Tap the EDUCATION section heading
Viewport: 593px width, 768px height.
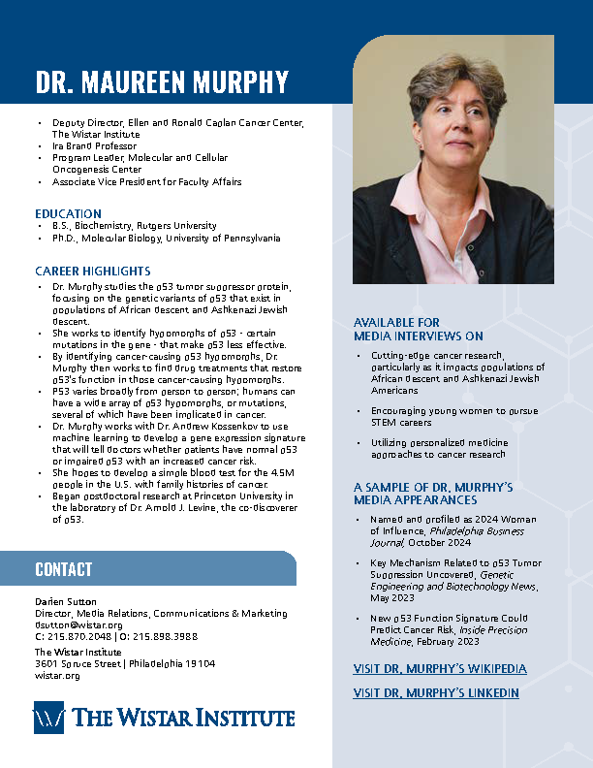tap(68, 213)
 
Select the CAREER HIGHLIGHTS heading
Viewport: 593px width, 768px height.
tap(93, 271)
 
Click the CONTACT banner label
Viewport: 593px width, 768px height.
tap(64, 569)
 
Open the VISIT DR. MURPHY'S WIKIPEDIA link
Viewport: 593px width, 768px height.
tap(440, 669)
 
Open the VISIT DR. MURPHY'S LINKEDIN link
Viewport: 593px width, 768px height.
tap(436, 693)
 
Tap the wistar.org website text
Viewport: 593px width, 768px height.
tap(56, 675)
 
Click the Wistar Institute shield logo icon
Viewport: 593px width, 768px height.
tap(49, 719)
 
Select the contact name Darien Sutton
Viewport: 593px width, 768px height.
tap(63, 601)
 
